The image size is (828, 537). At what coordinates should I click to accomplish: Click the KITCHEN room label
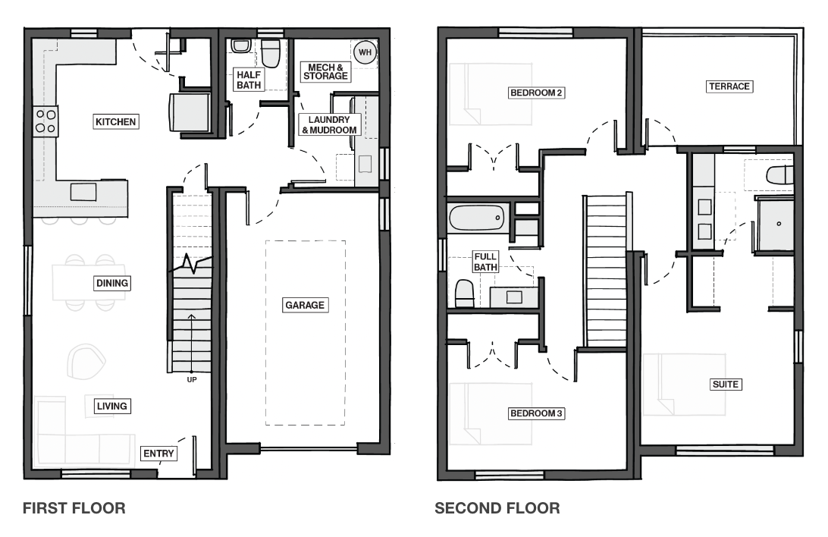pos(116,121)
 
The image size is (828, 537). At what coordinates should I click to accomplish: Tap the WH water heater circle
pos(365,52)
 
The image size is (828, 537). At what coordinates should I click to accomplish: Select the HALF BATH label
pos(249,80)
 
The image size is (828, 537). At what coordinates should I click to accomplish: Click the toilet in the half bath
pos(271,53)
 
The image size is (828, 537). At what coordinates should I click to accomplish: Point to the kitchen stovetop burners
pos(45,121)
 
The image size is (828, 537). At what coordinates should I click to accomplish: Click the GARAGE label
pos(305,305)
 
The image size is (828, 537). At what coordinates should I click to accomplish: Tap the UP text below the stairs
pos(192,380)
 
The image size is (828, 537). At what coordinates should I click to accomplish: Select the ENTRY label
pos(158,453)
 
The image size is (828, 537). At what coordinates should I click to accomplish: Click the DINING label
pos(112,283)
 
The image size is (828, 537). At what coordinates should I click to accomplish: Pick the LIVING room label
pos(112,406)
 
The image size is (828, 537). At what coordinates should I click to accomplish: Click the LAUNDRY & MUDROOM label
pos(329,124)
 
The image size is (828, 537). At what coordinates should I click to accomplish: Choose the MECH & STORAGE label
pos(326,71)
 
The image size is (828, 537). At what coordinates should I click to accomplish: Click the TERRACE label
pos(729,86)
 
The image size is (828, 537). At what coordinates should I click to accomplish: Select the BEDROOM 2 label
pos(537,93)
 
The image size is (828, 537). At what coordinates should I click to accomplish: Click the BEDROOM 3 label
pos(537,413)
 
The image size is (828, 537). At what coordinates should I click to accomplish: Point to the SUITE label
pos(726,384)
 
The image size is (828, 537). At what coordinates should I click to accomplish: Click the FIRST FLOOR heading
pos(74,508)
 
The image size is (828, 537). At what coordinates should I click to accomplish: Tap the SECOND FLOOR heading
pos(497,508)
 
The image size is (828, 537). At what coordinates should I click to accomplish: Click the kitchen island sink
pos(83,192)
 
